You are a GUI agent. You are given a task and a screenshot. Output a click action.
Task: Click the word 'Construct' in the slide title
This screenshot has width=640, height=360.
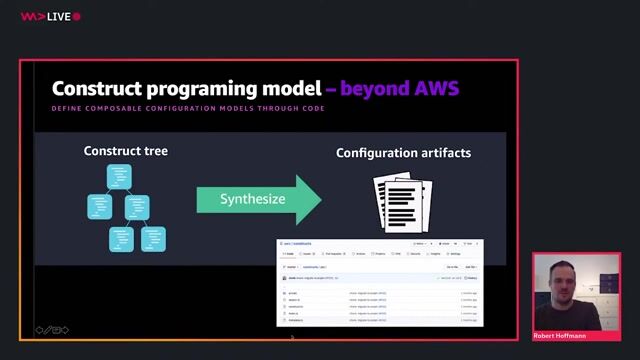click(x=95, y=89)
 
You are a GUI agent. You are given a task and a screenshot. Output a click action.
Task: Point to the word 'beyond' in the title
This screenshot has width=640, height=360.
click(x=371, y=89)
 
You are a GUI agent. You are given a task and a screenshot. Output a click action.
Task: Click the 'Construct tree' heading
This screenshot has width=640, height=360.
click(x=126, y=151)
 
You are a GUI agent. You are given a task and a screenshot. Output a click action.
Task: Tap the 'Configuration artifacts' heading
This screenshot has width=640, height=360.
click(x=403, y=153)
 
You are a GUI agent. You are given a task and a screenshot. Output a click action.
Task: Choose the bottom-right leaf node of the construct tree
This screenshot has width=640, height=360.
click(x=152, y=238)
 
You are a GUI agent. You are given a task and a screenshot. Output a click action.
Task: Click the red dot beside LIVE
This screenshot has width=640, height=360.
click(x=77, y=17)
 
